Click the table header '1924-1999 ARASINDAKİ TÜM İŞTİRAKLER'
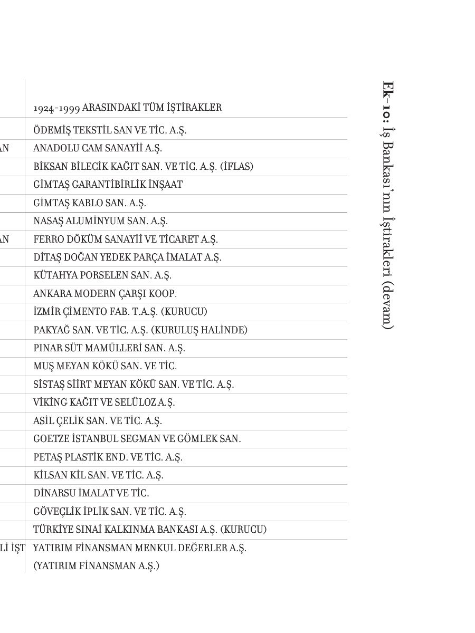click(x=127, y=108)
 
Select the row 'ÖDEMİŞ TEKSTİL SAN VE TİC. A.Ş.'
click(x=110, y=130)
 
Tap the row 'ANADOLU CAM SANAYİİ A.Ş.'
click(x=98, y=148)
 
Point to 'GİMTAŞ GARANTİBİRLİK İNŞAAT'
click(x=108, y=185)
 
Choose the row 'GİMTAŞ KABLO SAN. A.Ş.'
click(x=90, y=203)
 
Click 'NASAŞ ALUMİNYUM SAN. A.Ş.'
click(x=100, y=221)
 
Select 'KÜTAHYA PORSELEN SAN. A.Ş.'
click(x=102, y=275)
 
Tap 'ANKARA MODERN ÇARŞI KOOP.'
click(x=105, y=294)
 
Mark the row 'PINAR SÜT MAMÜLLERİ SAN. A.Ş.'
click(x=109, y=348)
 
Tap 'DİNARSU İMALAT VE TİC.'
click(x=91, y=493)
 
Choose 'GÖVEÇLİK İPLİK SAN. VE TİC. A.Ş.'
click(x=110, y=512)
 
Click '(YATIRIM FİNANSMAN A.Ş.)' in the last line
click(x=96, y=566)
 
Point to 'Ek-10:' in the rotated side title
click(x=388, y=102)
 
